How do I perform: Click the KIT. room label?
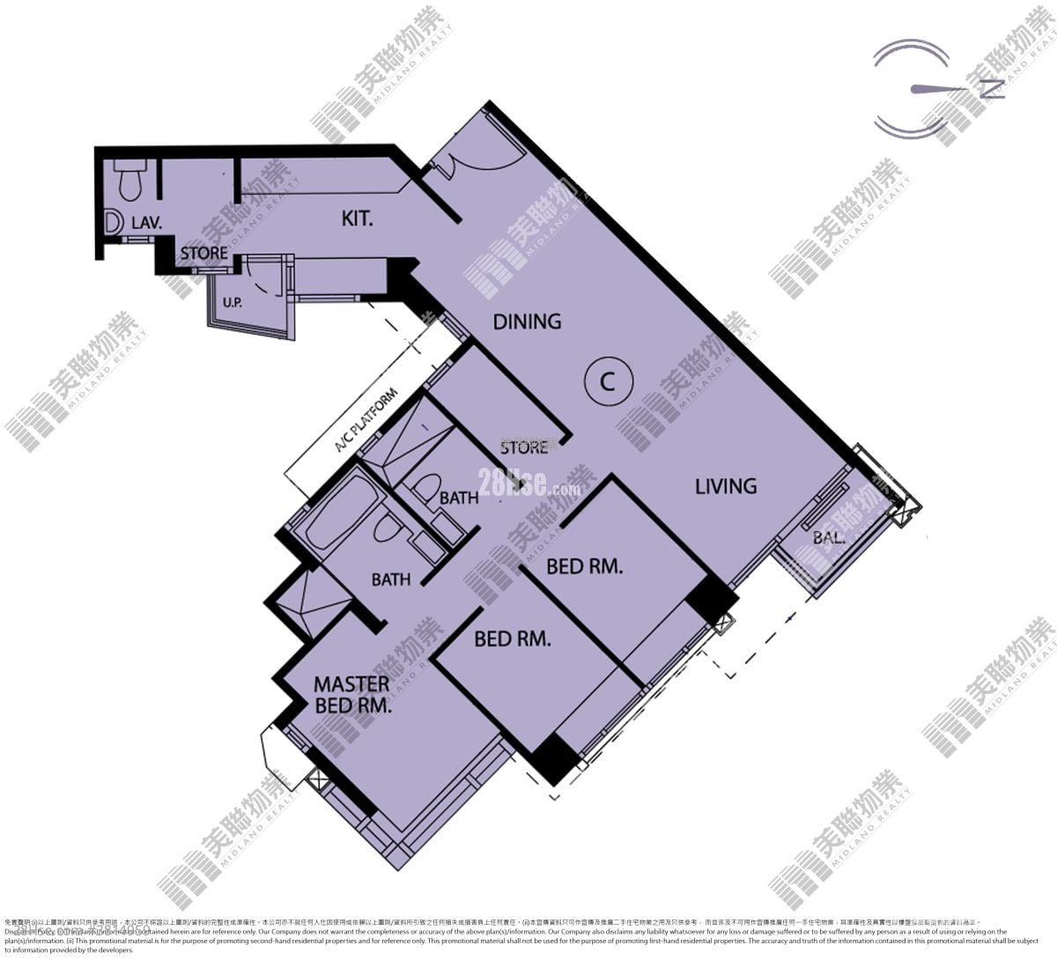[x=357, y=218]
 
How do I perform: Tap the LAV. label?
[x=146, y=223]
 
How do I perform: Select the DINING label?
[x=527, y=321]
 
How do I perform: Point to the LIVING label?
[x=726, y=485]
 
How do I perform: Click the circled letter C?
[x=607, y=381]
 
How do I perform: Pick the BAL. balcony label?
[x=829, y=537]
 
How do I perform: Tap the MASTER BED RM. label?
[x=351, y=694]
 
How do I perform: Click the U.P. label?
[x=233, y=303]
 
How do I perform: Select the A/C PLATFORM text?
[x=366, y=421]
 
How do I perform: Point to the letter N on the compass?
[x=993, y=88]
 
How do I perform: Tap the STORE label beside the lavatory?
[x=204, y=254]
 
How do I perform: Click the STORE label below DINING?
[x=524, y=447]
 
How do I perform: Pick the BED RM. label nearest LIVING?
[x=585, y=566]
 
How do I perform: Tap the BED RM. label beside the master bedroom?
[x=513, y=639]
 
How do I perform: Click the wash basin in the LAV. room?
[x=113, y=222]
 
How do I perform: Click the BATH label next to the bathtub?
[x=390, y=580]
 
